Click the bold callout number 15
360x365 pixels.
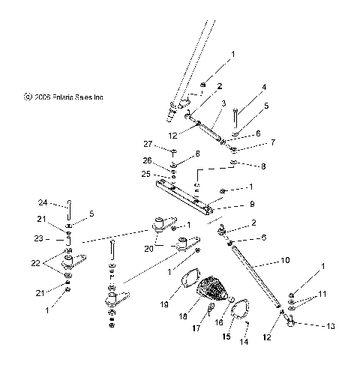225,337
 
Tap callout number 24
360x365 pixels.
43,202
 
